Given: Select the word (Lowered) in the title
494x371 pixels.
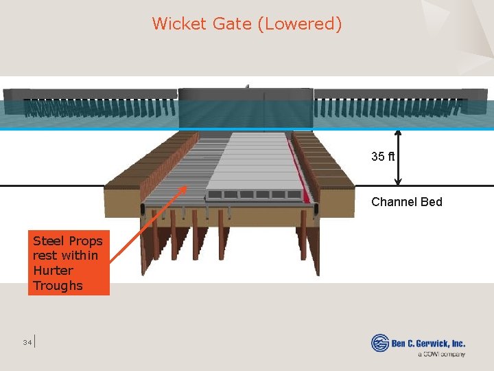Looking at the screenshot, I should (x=300, y=24).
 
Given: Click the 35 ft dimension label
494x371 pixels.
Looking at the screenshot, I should (x=383, y=157).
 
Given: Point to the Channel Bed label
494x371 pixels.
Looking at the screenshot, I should (x=407, y=202).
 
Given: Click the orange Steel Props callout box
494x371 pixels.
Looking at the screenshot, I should (x=68, y=263).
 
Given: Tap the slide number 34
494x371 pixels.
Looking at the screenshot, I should (x=27, y=342).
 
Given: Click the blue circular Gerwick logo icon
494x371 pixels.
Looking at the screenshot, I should (x=380, y=343).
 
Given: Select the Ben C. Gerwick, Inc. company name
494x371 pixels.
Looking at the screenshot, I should (x=428, y=343).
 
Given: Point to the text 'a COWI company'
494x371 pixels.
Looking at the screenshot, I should (x=441, y=355).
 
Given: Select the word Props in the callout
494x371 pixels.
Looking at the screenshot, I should (x=86, y=241).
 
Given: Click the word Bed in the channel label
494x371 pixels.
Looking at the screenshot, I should (x=432, y=202).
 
